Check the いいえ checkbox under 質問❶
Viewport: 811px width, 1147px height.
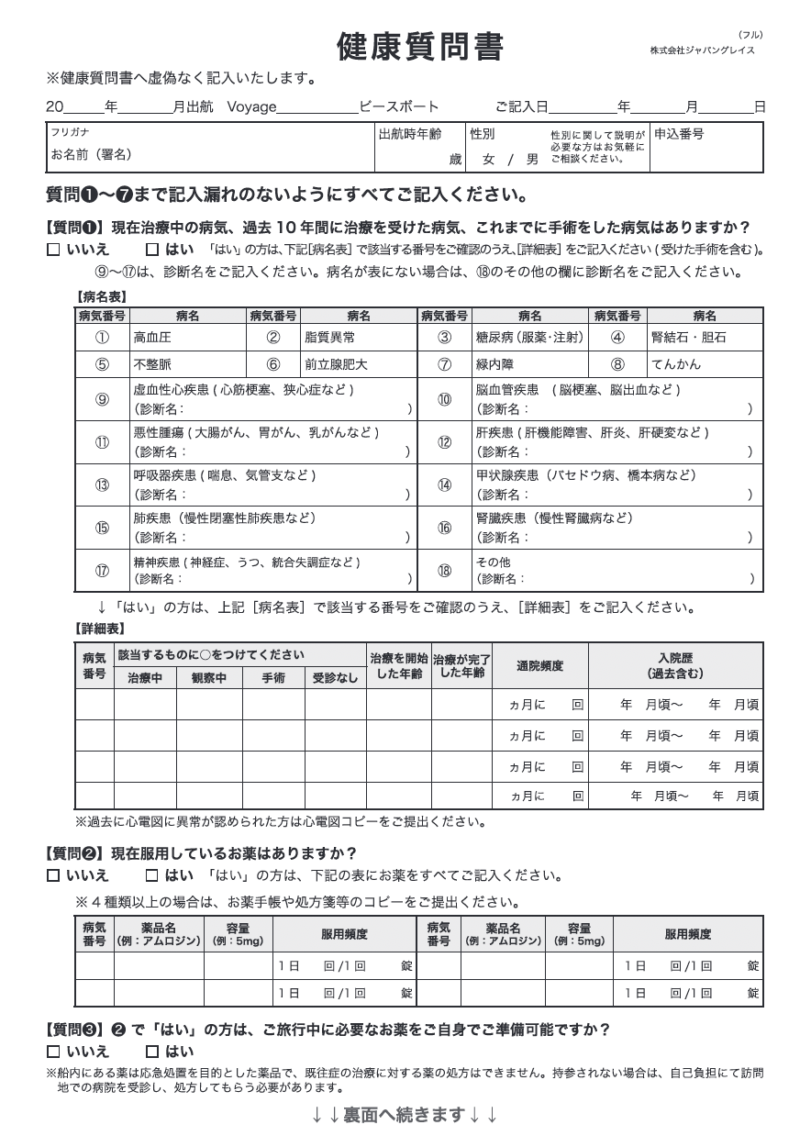pos(53,250)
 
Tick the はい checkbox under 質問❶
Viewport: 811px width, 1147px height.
pos(152,250)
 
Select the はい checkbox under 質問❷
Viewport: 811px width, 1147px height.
pos(152,875)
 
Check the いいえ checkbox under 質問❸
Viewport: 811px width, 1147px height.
pos(53,1052)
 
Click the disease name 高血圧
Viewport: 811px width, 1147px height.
pos(152,338)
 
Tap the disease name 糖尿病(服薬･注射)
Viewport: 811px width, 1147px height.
pos(529,338)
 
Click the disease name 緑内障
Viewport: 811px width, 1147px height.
pos(494,364)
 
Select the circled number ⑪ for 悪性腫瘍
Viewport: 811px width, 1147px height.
pos(102,442)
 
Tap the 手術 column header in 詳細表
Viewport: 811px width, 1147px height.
pos(273,678)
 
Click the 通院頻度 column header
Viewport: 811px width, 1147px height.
pos(539,666)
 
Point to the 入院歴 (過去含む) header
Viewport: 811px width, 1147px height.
pos(675,666)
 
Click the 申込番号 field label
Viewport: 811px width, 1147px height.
pos(679,134)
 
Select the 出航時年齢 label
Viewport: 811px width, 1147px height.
pos(409,134)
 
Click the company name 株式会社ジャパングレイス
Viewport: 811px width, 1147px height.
pos(702,50)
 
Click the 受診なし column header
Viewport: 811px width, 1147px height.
pos(335,678)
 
